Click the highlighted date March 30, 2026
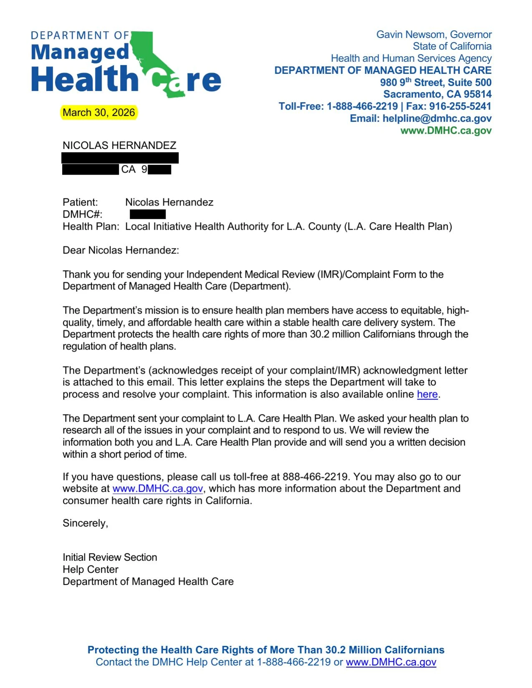pos(99,113)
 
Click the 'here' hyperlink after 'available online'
pos(427,394)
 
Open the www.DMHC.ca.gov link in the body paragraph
pos(158,489)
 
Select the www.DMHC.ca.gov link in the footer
pos(391,662)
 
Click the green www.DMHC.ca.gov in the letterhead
pos(446,131)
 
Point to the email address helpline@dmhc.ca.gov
pos(437,118)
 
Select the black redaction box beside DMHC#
pos(148,214)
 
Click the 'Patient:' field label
pos(80,203)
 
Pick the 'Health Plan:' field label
pos(91,227)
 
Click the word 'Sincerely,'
pos(86,523)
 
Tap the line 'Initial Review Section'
pos(110,557)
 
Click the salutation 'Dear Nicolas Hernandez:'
pos(121,251)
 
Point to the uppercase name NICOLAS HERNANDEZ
pos(119,146)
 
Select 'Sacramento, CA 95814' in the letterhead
pos(437,94)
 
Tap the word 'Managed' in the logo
pos(80,53)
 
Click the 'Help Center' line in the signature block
pos(91,570)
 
